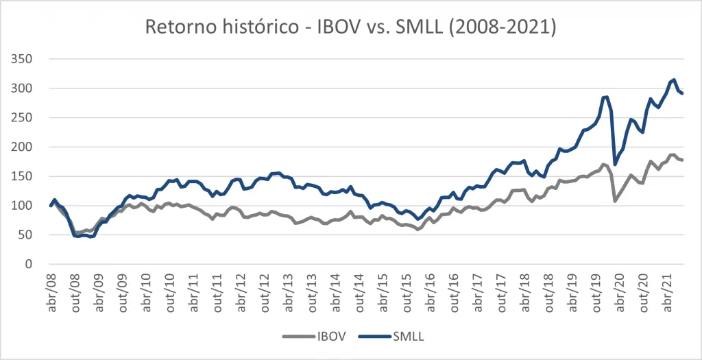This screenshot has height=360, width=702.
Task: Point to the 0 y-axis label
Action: (x=29, y=264)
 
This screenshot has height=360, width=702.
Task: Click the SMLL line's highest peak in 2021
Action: (x=674, y=80)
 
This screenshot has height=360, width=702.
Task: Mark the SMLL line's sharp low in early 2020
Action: (x=615, y=165)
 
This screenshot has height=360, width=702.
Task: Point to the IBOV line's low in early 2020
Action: (x=615, y=201)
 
